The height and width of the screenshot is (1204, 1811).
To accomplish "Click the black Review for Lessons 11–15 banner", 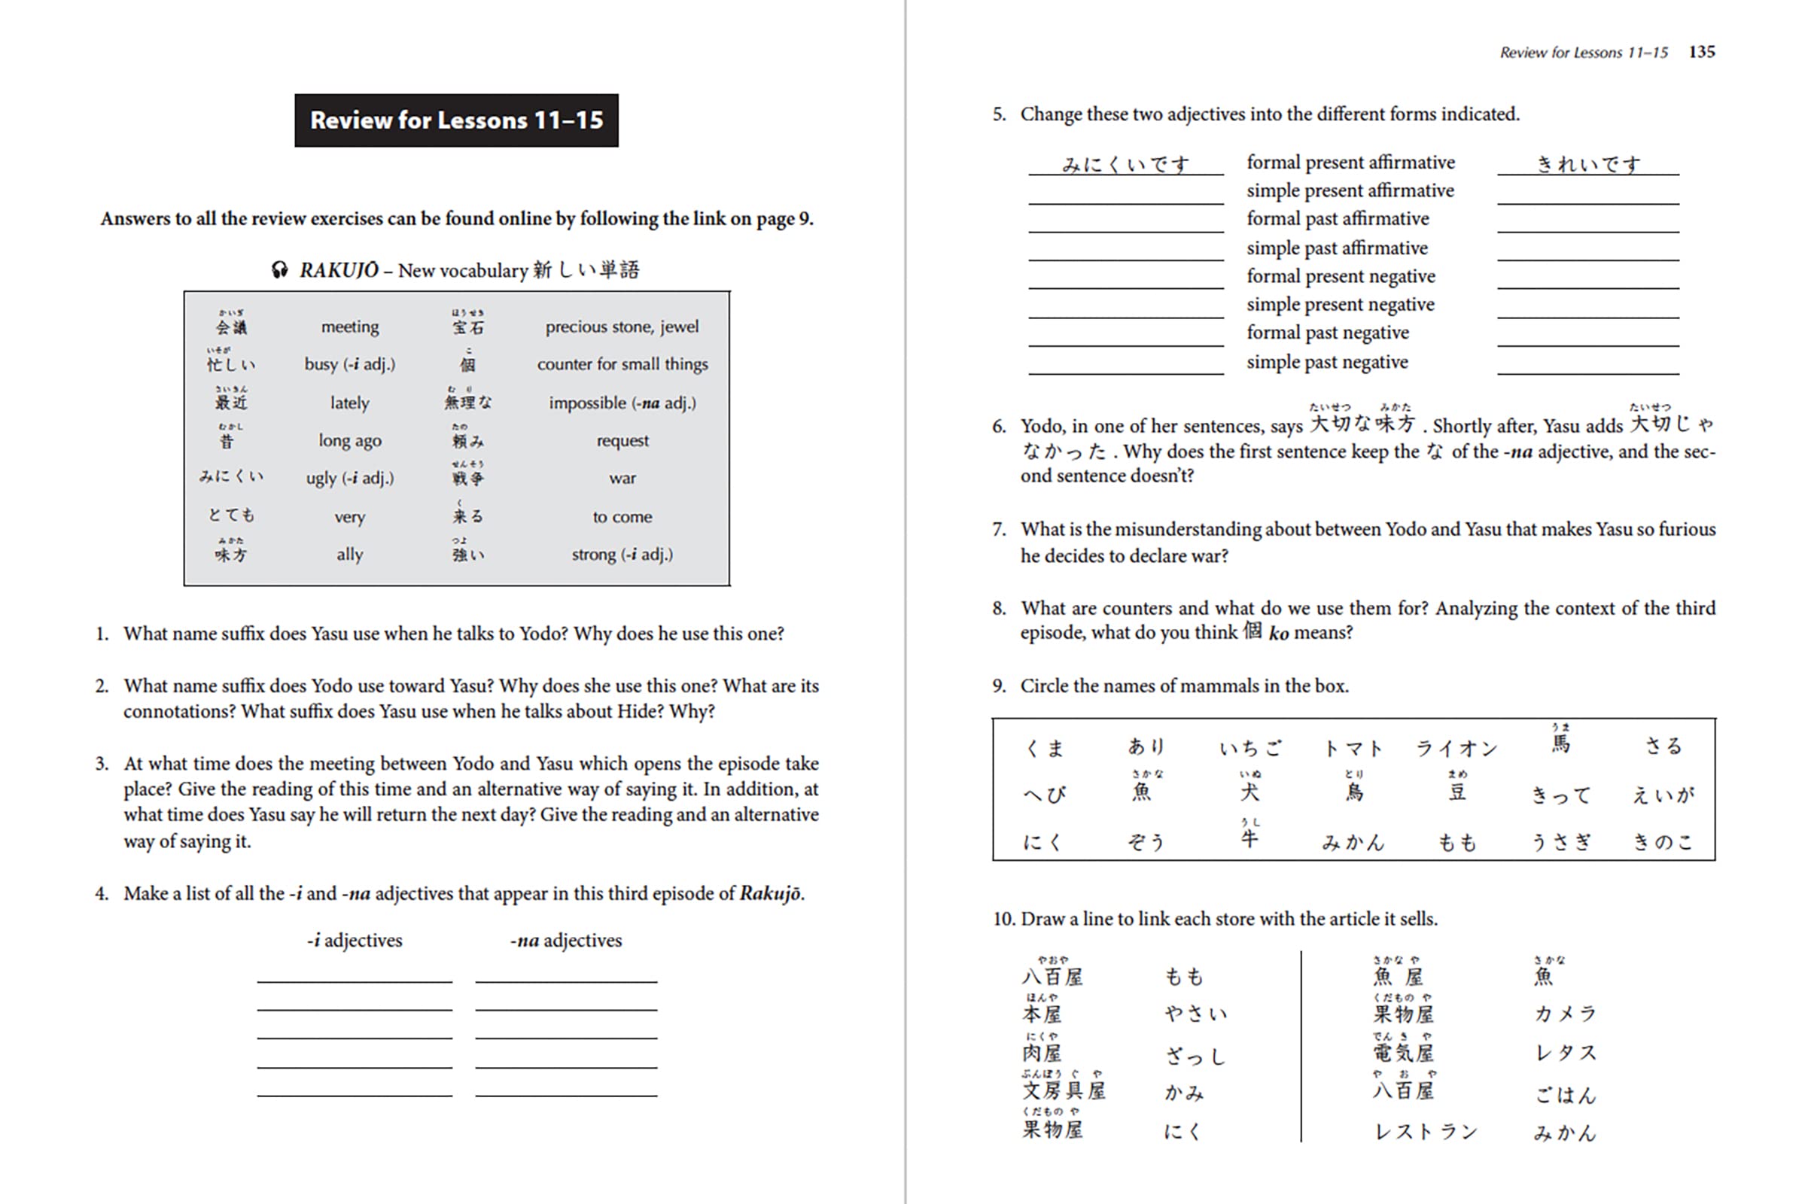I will (x=456, y=120).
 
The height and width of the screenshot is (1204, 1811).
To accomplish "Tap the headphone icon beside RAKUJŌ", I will (x=279, y=270).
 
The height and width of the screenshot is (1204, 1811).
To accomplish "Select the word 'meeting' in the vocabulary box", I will (x=349, y=327).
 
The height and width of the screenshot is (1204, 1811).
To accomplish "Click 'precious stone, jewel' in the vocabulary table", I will (x=622, y=327).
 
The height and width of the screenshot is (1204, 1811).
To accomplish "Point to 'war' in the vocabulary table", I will (x=622, y=479).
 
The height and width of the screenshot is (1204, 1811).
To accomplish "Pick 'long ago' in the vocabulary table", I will (x=349, y=441).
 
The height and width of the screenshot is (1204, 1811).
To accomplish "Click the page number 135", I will (x=1701, y=51).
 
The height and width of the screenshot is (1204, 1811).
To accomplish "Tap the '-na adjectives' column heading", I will (x=566, y=941).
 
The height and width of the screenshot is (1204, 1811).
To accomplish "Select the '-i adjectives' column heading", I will (x=354, y=941).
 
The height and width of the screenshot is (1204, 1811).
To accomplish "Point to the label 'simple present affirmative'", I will (x=1350, y=190).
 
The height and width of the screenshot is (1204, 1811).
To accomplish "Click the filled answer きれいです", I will (x=1587, y=164).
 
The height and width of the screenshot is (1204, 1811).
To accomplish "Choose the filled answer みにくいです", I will (x=1125, y=164).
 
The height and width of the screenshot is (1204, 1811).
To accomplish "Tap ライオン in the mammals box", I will (x=1456, y=749).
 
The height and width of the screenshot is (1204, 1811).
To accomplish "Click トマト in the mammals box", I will (x=1353, y=749).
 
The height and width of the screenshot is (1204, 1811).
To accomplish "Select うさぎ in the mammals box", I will (x=1560, y=842).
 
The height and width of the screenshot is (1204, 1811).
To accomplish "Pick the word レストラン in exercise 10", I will (x=1426, y=1132).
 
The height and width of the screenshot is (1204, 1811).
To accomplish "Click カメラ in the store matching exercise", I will (x=1564, y=1014).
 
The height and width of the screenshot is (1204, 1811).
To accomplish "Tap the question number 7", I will (x=998, y=530).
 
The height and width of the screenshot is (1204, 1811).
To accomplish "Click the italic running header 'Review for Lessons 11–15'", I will (x=1584, y=53).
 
